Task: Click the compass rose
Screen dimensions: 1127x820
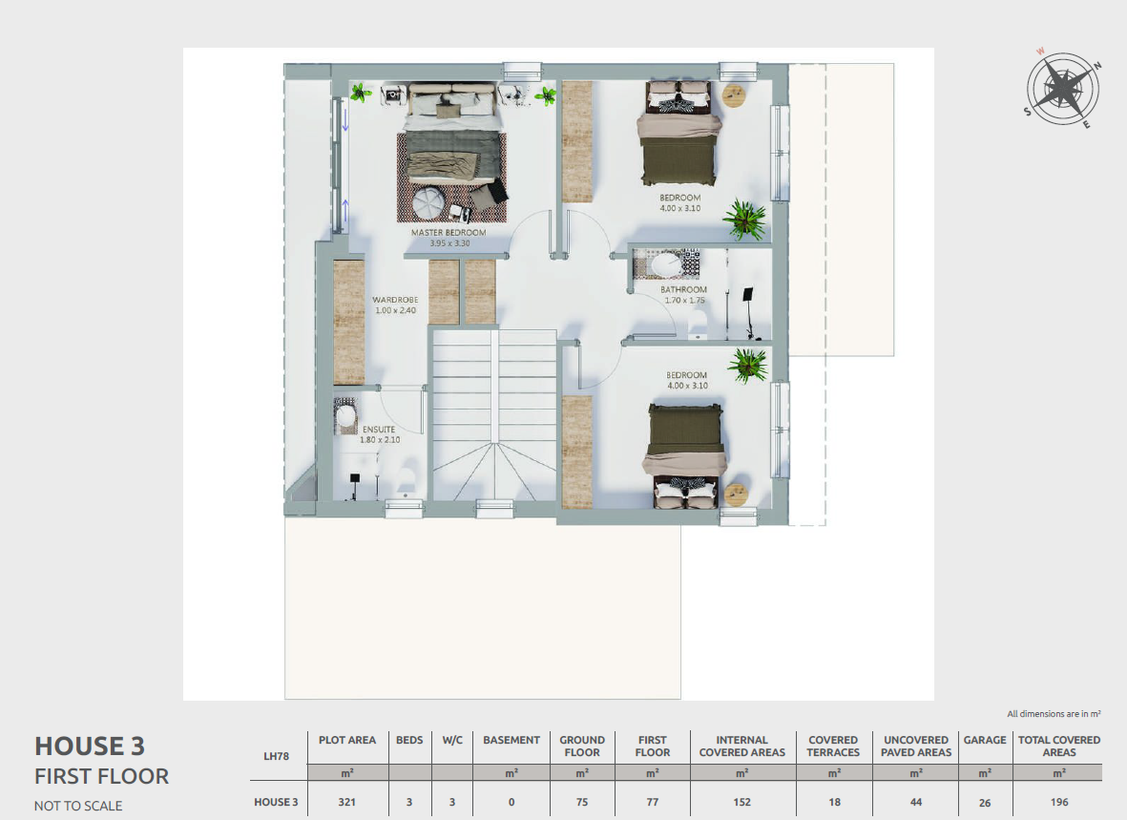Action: pos(1062,89)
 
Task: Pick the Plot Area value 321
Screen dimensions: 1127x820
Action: pos(347,802)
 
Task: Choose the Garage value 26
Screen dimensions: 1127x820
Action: pos(985,803)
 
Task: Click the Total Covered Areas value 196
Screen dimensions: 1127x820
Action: pos(1058,802)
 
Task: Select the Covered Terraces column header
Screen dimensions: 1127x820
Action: pos(833,746)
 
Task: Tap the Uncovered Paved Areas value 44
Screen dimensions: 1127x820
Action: pos(916,802)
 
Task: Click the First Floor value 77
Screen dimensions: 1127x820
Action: pos(652,802)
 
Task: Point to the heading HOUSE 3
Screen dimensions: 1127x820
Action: pos(90,746)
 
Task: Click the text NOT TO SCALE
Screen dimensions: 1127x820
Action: pos(78,807)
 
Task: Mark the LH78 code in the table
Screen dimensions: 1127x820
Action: pos(276,756)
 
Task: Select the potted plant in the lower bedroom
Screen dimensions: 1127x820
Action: pos(747,366)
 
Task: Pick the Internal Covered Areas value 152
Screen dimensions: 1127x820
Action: pos(741,802)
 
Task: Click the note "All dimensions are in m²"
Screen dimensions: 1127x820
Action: pos(1054,714)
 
